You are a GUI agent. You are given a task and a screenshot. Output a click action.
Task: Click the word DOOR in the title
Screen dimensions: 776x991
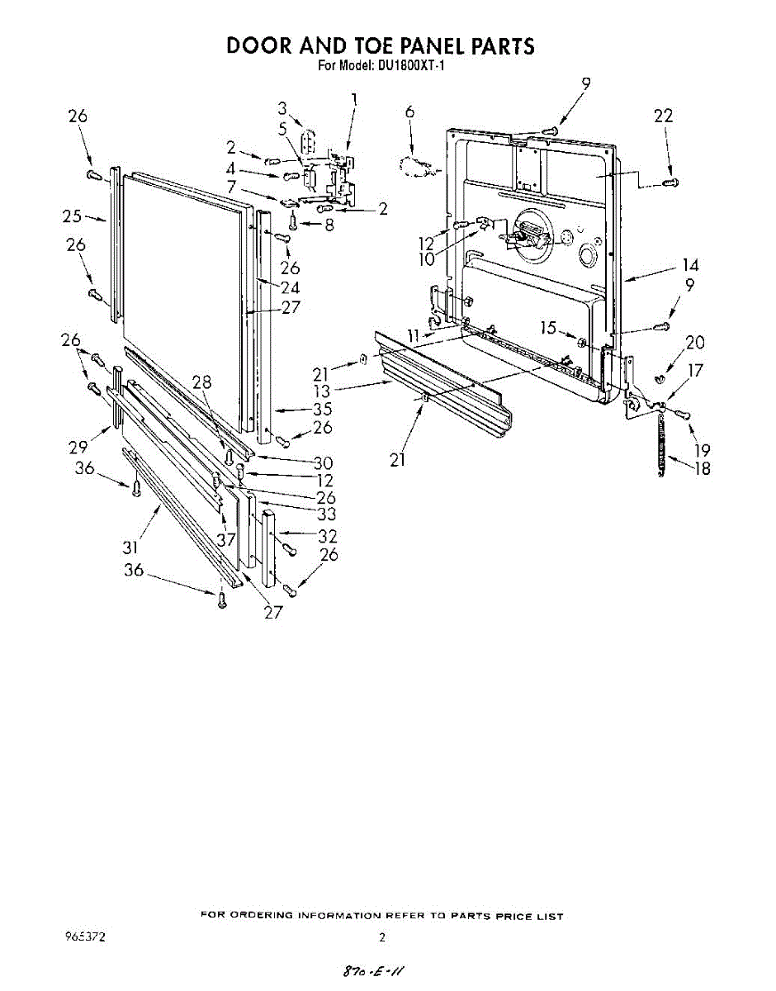pyautogui.click(x=259, y=45)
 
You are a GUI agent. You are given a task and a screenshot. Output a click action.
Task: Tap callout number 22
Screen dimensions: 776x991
pyautogui.click(x=663, y=116)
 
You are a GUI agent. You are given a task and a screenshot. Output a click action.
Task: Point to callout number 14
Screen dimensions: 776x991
pyautogui.click(x=690, y=265)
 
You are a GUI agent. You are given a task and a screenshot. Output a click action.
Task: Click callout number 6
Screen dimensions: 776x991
pyautogui.click(x=409, y=112)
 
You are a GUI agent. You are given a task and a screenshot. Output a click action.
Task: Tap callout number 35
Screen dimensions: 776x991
pyautogui.click(x=322, y=408)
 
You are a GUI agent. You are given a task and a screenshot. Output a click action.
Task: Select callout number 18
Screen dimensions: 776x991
pyautogui.click(x=703, y=470)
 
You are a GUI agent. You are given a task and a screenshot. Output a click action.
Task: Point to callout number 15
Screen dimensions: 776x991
pyautogui.click(x=548, y=328)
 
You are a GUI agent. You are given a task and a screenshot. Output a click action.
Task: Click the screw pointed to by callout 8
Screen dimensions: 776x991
pyautogui.click(x=292, y=221)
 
